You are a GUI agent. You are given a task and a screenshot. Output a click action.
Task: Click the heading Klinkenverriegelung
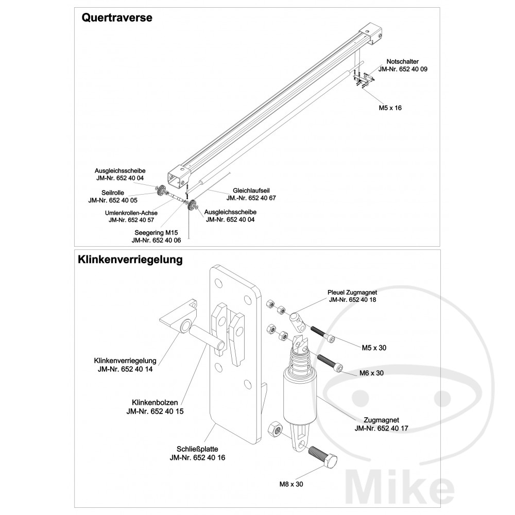tap(130, 260)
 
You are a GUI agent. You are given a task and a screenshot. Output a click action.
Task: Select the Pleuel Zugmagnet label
tap(352, 292)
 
